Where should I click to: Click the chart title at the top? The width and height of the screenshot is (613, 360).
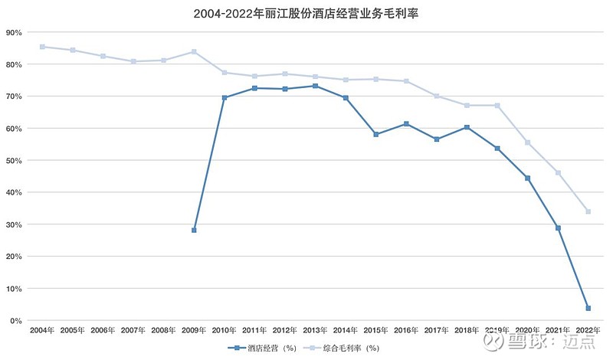pyautogui.click(x=306, y=14)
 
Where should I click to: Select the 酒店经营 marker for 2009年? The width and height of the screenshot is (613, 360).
pyautogui.click(x=194, y=231)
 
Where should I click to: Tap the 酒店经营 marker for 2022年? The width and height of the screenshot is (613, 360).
pyautogui.click(x=588, y=309)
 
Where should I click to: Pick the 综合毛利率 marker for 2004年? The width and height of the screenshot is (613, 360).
pyautogui.click(x=42, y=47)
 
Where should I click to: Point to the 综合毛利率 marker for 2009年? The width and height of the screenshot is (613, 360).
pyautogui.click(x=194, y=51)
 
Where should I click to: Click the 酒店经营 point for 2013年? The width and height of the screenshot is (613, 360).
pyautogui.click(x=316, y=86)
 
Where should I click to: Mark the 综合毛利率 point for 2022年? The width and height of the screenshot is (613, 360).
pyautogui.click(x=588, y=211)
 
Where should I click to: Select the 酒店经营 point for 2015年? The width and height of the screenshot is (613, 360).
pyautogui.click(x=376, y=135)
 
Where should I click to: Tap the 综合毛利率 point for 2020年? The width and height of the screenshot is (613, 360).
pyautogui.click(x=528, y=142)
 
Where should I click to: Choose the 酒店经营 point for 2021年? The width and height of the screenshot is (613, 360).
pyautogui.click(x=559, y=228)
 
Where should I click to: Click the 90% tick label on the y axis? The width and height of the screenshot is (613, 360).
pyautogui.click(x=14, y=32)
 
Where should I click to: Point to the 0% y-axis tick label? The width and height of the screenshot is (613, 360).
pyautogui.click(x=16, y=321)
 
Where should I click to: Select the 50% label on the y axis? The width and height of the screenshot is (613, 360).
pyautogui.click(x=14, y=161)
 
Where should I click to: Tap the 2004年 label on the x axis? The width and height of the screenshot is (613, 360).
pyautogui.click(x=42, y=330)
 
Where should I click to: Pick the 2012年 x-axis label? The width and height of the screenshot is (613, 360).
pyautogui.click(x=285, y=330)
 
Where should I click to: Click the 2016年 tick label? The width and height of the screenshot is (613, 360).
pyautogui.click(x=406, y=330)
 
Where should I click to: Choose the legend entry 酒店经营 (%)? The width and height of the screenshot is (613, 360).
pyautogui.click(x=262, y=348)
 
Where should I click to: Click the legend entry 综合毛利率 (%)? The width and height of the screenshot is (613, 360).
pyautogui.click(x=341, y=348)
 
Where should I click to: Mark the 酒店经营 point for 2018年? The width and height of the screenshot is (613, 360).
pyautogui.click(x=467, y=127)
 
